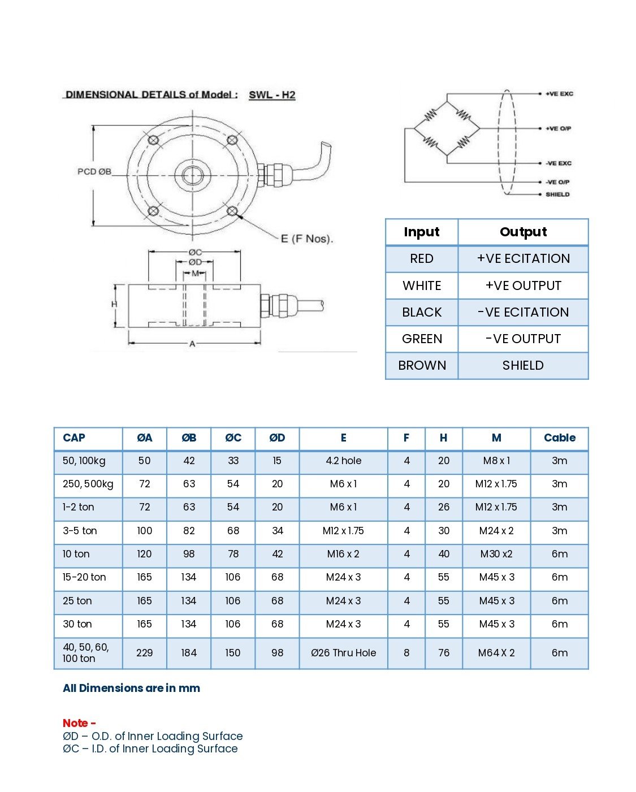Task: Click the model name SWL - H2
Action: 272,95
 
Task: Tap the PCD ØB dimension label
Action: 94,171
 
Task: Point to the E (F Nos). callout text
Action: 307,239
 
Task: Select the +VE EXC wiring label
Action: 559,94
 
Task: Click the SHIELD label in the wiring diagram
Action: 557,194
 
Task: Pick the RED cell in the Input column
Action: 422,259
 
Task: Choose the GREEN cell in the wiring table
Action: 422,339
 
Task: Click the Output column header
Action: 523,232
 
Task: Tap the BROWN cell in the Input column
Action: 422,365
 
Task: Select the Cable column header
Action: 559,438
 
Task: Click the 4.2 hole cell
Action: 343,461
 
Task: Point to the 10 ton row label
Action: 76,554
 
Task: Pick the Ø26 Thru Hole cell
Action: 343,653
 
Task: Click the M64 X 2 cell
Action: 496,653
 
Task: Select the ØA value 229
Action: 144,653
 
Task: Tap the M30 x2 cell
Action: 496,554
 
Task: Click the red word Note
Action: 76,723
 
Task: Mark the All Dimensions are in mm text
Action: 131,688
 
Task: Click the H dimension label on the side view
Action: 114,305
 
